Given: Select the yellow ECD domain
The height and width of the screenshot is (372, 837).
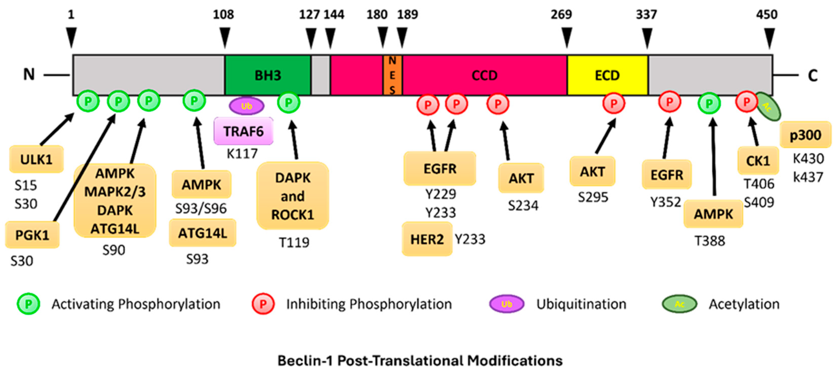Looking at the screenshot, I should coord(607,75).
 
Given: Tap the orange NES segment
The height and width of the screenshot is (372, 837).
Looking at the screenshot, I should coord(392,75).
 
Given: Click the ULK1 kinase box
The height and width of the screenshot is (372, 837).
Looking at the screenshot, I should coord(36,159).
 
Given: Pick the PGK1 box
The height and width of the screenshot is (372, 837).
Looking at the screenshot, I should coord(32,235).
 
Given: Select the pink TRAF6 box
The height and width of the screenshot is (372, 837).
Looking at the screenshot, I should coord(243,131).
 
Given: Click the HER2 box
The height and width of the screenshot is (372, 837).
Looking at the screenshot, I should coord(427,239).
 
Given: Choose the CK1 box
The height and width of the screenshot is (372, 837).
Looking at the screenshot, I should coord(758,160).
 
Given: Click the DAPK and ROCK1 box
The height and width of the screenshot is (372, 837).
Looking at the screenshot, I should coord(293,196).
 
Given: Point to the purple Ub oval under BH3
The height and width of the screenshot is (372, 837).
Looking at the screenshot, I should coord(247,106).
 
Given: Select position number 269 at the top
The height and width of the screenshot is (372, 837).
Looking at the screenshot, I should coord(561,14).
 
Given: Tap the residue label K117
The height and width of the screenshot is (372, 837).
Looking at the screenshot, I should coord(242,153).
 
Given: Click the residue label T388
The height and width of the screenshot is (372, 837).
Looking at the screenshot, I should coord(710,241).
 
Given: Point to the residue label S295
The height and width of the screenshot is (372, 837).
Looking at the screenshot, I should coord(593,197).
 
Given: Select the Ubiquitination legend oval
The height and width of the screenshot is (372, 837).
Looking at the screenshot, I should coord(507,304).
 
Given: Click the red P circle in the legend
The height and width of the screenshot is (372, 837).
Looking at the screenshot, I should coord(263,304).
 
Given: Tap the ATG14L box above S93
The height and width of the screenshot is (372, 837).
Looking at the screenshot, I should coord(202,233).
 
